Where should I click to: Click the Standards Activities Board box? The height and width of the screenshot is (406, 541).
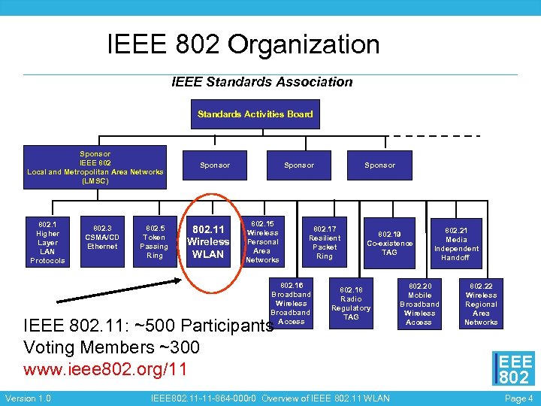[255, 114]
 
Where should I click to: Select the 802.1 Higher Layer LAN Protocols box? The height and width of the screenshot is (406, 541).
[47, 241]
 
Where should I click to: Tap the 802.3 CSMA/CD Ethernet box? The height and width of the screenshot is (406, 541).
[102, 237]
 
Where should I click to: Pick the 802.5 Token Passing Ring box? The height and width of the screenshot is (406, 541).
[154, 241]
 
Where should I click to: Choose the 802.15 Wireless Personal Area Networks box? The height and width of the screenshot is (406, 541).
[262, 241]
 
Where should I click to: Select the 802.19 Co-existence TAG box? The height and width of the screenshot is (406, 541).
[389, 243]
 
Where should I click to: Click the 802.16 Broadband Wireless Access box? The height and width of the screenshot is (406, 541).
[291, 303]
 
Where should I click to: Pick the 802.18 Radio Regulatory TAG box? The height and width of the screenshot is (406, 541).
[351, 303]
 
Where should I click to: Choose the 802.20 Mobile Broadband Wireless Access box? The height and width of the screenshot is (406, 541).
[419, 304]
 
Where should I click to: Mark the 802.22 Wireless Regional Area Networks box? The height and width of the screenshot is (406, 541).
[481, 304]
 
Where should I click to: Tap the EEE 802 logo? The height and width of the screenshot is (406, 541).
[514, 369]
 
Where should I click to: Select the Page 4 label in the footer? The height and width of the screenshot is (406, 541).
[519, 398]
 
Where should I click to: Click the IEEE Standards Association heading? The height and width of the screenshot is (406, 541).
[261, 81]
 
